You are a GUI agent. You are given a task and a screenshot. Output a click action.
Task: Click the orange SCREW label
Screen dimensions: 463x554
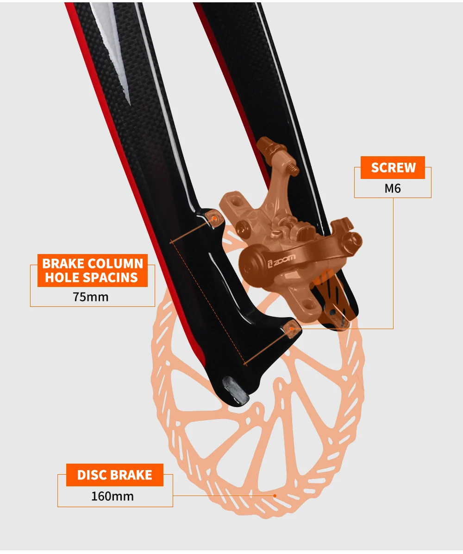(393, 167)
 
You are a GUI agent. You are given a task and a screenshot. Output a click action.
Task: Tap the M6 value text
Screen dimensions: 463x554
(392, 189)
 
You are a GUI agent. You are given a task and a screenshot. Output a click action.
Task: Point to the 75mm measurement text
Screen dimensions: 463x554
(91, 297)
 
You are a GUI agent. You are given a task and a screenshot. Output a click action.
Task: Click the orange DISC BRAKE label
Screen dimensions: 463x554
(114, 475)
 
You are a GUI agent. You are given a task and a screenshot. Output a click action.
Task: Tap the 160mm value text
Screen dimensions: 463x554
(113, 496)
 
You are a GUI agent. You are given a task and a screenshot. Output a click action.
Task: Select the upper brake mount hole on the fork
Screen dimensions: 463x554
(214, 217)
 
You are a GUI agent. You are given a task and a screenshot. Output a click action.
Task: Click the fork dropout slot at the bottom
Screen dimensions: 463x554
(235, 388)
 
